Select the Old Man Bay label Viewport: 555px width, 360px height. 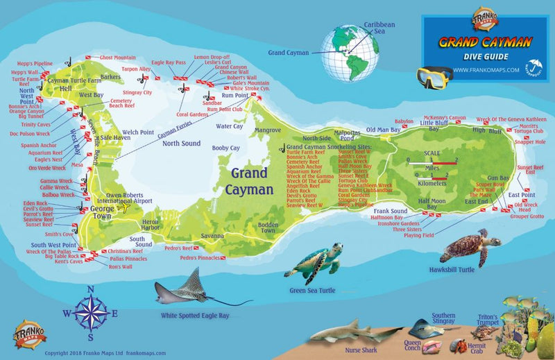pyautogui.click(x=383, y=130)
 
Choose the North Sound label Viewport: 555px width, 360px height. pyautogui.click(x=181, y=144)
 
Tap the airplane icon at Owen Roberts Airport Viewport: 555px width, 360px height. pyautogui.click(x=125, y=206)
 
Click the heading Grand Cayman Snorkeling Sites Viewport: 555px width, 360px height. pyautogui.click(x=329, y=148)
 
